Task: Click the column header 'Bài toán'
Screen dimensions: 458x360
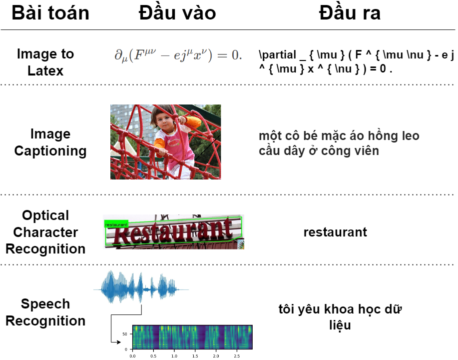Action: click(50, 13)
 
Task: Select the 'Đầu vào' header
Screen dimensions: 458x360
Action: click(177, 13)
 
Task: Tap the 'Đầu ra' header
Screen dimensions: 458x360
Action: click(350, 13)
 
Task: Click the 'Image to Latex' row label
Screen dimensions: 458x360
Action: click(45, 62)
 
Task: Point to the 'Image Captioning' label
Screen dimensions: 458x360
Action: click(50, 142)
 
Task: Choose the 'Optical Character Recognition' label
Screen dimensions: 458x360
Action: click(45, 232)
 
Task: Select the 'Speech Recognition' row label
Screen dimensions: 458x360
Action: click(45, 312)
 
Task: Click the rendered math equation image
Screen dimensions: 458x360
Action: click(178, 55)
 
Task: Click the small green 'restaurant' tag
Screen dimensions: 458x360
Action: click(116, 224)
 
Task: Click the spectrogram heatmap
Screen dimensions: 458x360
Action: click(192, 337)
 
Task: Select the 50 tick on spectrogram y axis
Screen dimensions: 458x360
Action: click(125, 334)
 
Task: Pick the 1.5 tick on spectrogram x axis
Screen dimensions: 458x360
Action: click(195, 356)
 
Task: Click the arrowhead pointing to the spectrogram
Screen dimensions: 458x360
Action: click(118, 342)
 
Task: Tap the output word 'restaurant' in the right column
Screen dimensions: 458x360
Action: click(335, 232)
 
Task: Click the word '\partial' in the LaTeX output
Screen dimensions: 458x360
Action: click(278, 55)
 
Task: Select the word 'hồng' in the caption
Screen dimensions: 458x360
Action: click(380, 135)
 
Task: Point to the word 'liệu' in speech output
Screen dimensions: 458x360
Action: click(340, 325)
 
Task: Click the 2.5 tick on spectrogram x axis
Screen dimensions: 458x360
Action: click(237, 356)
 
